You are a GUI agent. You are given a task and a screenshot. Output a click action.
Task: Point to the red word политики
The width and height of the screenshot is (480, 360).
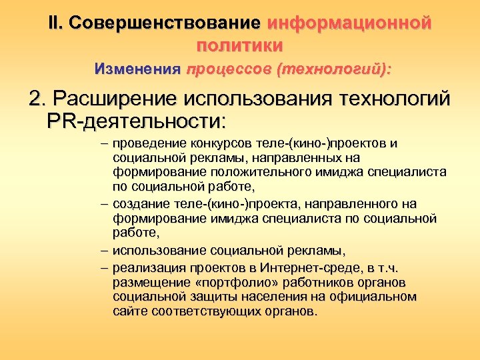point(240,45)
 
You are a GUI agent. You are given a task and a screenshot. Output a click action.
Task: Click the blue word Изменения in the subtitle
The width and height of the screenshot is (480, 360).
point(137,69)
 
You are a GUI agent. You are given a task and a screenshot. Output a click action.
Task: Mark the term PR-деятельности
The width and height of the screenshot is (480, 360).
point(137,122)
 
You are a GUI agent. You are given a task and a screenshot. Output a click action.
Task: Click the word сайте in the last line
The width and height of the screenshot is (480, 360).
point(130,311)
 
